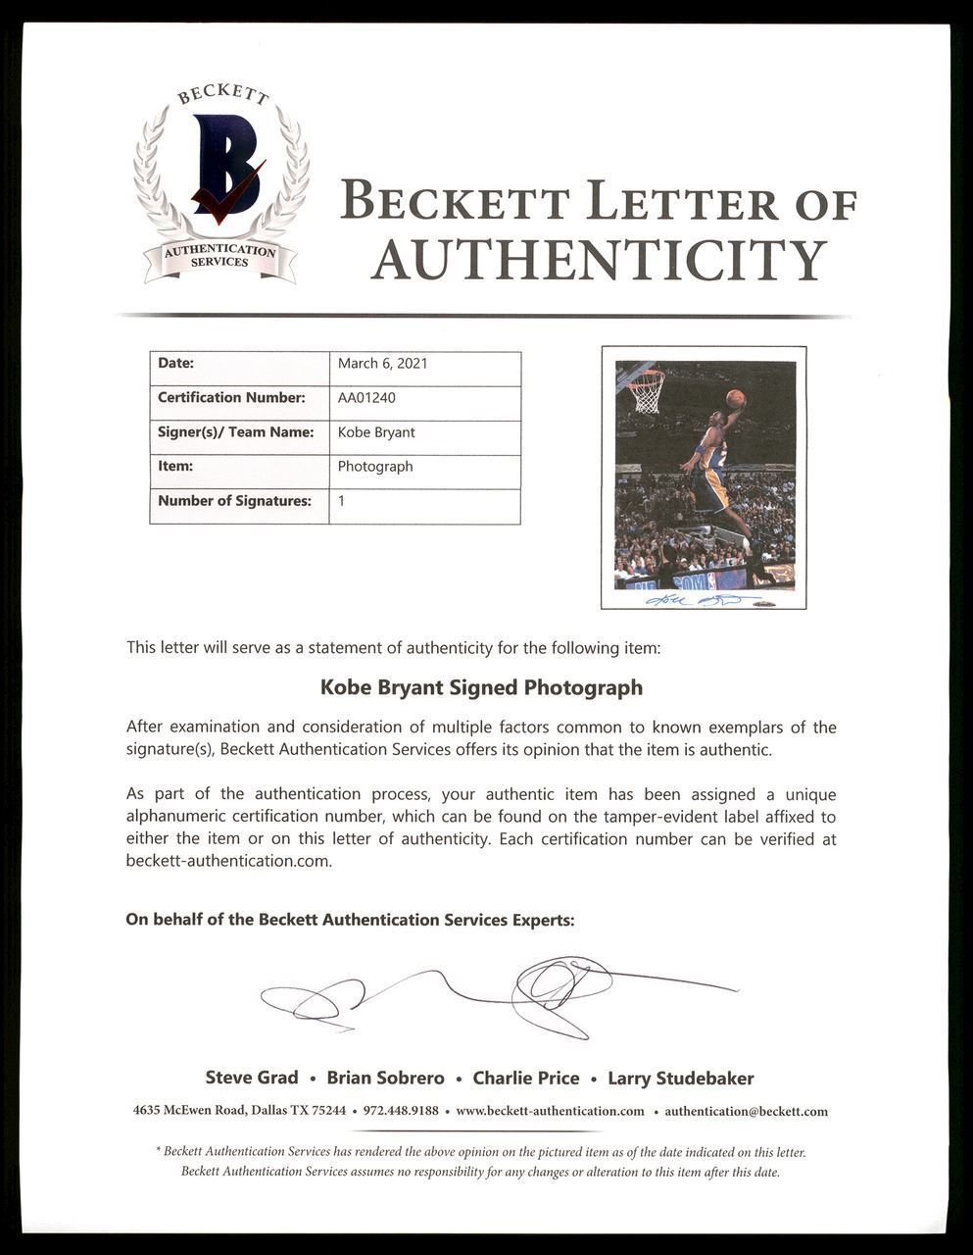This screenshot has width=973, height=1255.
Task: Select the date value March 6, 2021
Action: [x=382, y=364]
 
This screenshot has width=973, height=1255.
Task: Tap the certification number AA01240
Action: [x=366, y=398]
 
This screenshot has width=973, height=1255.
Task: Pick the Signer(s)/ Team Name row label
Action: [x=235, y=432]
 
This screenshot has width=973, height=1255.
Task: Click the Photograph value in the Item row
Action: [x=375, y=467]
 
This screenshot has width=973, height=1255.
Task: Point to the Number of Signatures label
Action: [x=234, y=501]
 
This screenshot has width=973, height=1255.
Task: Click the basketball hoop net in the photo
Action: [x=646, y=393]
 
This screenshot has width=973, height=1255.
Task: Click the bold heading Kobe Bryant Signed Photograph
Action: [x=481, y=687]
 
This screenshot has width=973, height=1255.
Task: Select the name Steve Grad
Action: [x=252, y=1079]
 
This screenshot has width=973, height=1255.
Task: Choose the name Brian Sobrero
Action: [x=385, y=1079]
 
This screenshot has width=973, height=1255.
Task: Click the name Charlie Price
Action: [x=525, y=1079]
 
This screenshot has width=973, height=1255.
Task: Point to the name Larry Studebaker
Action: [x=680, y=1079]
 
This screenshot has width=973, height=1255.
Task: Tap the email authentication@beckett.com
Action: [x=746, y=1111]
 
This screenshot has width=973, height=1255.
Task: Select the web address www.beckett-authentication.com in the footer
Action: [x=550, y=1111]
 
